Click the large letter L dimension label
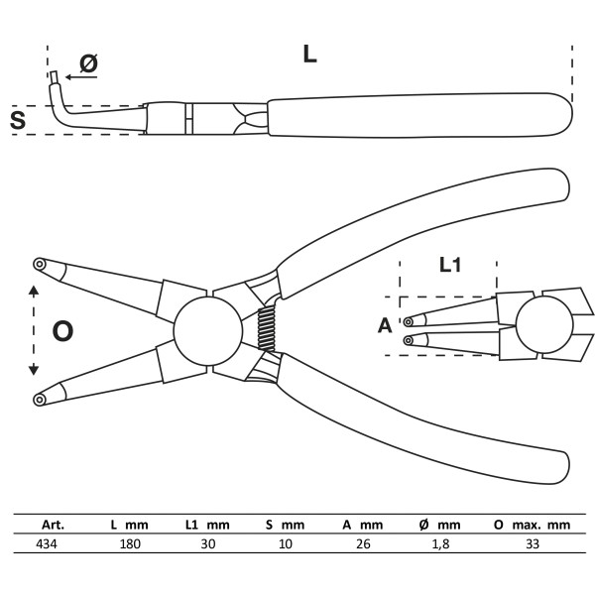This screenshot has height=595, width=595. [x=309, y=55]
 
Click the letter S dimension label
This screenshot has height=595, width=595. [x=18, y=121]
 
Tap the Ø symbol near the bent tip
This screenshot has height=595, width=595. [x=88, y=64]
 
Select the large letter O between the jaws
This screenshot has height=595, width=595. [x=62, y=331]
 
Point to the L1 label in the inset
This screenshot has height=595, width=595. [x=452, y=265]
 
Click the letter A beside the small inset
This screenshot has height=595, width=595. [x=385, y=324]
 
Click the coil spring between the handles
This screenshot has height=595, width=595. [x=266, y=326]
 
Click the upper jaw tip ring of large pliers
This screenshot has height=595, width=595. [x=39, y=264]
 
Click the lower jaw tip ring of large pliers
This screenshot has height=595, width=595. [x=39, y=399]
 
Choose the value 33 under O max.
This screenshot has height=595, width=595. [x=531, y=544]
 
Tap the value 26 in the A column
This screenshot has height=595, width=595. [x=363, y=544]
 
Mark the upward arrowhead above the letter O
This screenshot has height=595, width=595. [x=34, y=291]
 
